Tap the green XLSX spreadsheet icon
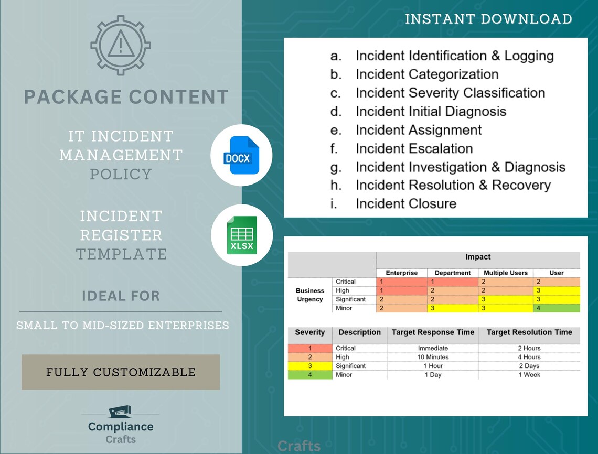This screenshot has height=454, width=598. coord(242,235)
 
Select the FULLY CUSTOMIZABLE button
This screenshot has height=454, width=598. coord(121,372)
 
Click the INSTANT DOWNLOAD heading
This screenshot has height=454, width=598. coord(488,19)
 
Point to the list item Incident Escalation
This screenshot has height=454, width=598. coord(414,148)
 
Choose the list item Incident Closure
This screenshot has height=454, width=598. coord(405,203)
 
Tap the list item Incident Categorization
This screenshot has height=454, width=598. coord(426,74)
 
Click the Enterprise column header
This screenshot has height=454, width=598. coord(402,273)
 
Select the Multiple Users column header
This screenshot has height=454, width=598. coord(506,273)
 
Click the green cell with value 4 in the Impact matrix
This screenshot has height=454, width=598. coord(557,308)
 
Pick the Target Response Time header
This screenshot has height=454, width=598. coord(433,332)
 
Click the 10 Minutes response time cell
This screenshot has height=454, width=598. coord(433,357)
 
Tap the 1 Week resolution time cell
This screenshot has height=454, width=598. coord(529,375)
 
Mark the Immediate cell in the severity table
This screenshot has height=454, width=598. coord(433,348)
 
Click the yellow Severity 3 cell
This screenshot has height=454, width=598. coord(310,366)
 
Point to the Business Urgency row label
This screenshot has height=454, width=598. coord(310,295)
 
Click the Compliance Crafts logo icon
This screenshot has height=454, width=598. coord(119,412)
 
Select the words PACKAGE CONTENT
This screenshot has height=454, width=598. coord(126,98)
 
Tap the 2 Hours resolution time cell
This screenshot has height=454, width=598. coord(529,348)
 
